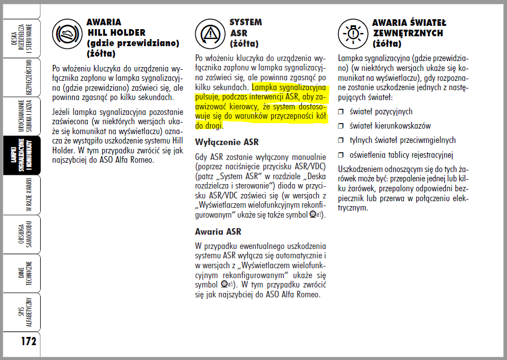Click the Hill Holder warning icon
(x=66, y=34)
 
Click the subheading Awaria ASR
(x=218, y=231)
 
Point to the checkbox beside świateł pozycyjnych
(x=341, y=112)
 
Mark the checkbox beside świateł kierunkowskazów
(x=341, y=126)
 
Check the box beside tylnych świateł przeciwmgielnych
(x=341, y=141)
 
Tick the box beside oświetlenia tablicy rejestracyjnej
(x=341, y=155)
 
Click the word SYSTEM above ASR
(x=246, y=23)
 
